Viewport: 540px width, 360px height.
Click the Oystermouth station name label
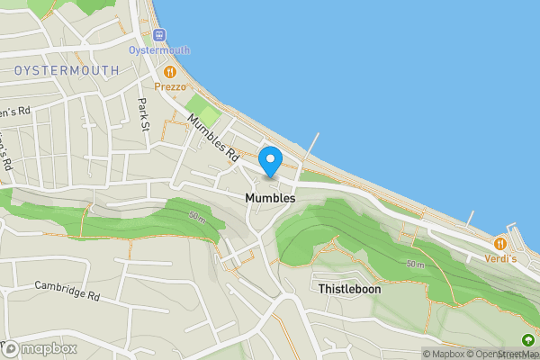(160, 50)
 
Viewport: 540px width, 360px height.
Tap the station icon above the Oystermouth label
(160, 35)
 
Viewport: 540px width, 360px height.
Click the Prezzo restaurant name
(170, 86)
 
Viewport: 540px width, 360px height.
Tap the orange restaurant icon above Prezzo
(169, 71)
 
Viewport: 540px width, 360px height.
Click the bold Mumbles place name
(269, 196)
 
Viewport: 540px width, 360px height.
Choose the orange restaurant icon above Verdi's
(499, 243)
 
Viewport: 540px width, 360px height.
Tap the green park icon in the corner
(527, 339)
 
